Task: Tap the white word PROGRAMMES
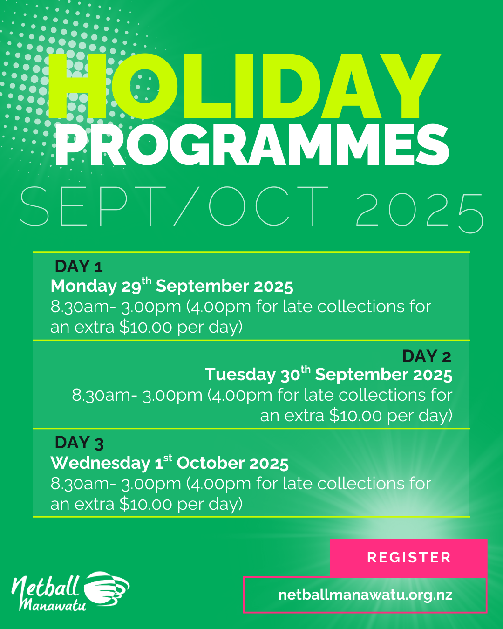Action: click(252, 145)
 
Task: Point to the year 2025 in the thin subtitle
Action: click(420, 211)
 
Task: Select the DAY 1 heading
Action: click(79, 266)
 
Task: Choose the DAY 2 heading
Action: click(427, 356)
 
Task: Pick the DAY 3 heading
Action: click(79, 443)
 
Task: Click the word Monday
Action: click(83, 287)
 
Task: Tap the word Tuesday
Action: click(240, 375)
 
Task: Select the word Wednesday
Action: click(100, 464)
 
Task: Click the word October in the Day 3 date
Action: click(211, 463)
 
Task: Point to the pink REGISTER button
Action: click(408, 557)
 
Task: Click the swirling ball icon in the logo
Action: click(106, 588)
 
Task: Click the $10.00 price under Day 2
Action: click(356, 416)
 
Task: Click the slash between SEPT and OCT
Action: click(187, 206)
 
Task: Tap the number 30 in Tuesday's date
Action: click(291, 375)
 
